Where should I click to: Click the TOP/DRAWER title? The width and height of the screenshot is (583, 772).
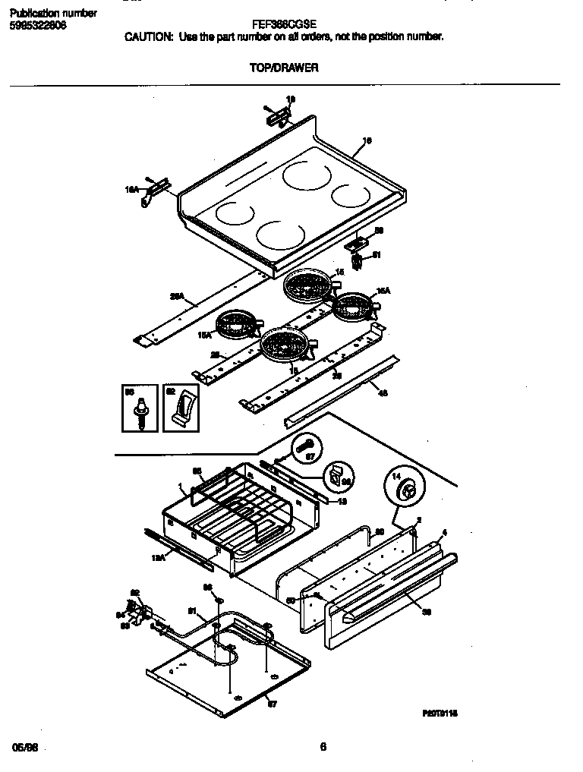[284, 68]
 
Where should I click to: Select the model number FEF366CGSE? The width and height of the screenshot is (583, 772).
[284, 24]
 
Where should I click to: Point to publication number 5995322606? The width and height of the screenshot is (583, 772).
[38, 25]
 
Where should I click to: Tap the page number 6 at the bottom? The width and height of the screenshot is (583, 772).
[323, 747]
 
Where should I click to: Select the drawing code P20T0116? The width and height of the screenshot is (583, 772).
[440, 714]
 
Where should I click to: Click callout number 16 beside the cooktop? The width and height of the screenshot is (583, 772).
[367, 140]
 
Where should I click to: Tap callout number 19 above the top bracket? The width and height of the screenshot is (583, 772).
[290, 99]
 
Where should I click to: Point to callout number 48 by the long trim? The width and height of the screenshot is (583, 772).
[383, 392]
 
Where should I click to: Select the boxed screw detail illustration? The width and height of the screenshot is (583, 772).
[140, 408]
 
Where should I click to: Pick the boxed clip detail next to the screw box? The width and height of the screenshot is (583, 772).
[181, 408]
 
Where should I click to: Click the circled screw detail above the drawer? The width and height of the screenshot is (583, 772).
[305, 450]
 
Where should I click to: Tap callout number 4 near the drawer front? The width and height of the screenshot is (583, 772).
[445, 533]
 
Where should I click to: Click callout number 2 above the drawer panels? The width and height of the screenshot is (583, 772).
[418, 521]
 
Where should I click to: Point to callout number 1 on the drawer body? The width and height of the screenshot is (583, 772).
[180, 487]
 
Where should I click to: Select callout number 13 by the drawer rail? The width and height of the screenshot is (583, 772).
[342, 502]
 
